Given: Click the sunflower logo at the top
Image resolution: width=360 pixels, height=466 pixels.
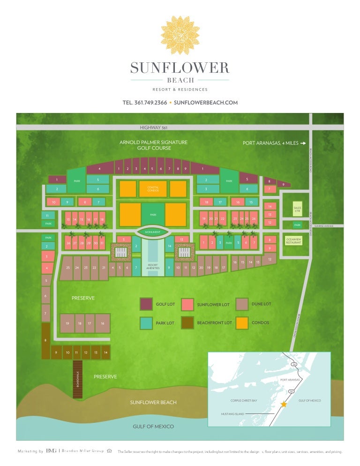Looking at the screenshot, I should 180,36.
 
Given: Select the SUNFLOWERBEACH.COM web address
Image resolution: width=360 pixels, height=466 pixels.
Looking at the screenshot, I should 206,103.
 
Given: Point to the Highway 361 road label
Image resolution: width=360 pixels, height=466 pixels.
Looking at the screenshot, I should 153,128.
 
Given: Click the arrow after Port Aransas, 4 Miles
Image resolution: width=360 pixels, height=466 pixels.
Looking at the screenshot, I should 303,143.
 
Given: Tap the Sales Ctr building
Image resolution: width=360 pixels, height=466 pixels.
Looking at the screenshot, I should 297,209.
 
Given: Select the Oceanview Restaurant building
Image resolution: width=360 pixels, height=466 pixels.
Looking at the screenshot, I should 293,241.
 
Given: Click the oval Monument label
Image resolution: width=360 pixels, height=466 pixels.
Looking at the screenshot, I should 153,232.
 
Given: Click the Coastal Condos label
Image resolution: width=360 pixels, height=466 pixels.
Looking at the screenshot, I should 153,188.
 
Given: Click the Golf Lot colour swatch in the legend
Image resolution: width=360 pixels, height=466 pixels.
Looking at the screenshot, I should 146,304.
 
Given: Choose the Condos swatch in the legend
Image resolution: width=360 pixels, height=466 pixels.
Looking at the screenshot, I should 242,323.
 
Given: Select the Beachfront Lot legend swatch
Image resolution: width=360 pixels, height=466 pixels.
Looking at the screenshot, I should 188,323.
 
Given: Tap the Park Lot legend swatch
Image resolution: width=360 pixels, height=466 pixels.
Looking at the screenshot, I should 146,323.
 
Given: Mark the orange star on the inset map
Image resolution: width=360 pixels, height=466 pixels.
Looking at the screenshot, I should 283,404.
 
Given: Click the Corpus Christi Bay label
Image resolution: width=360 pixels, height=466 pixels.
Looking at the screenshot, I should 244,401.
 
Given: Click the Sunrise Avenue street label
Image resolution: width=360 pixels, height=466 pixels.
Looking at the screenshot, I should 323,226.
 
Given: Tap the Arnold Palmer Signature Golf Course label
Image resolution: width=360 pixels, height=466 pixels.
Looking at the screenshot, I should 153,145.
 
